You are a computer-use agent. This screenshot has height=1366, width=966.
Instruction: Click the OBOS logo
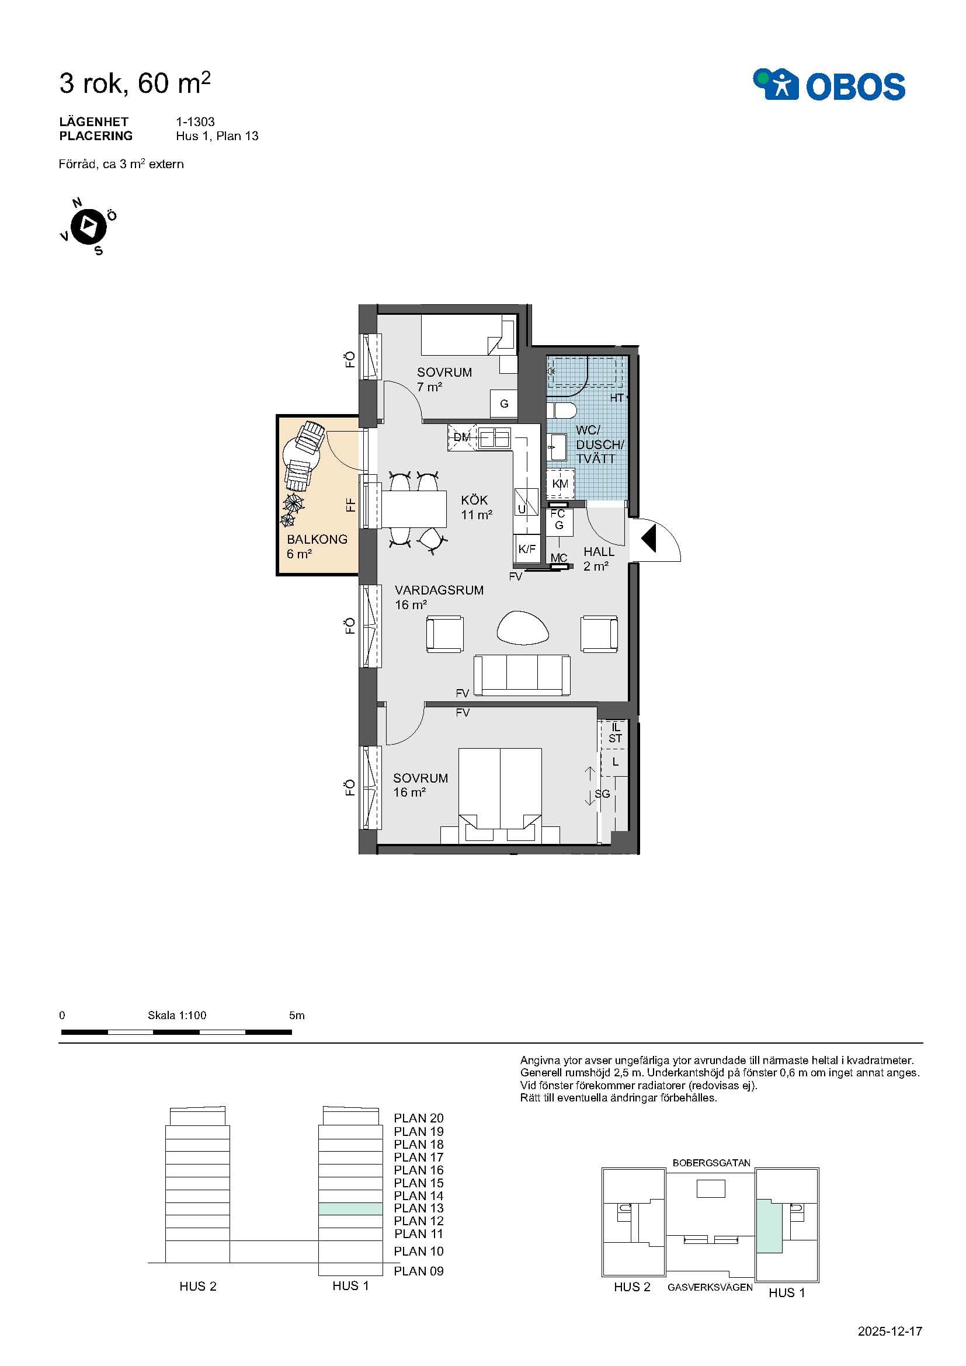click(829, 85)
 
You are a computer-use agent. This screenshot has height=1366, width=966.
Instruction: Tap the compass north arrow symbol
click(89, 226)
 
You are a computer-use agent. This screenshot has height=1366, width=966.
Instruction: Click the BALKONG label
click(317, 539)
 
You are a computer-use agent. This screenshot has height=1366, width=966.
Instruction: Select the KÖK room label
click(474, 500)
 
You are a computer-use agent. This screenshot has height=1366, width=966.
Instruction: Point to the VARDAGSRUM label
click(439, 590)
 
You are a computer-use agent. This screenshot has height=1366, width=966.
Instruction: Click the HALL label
click(599, 551)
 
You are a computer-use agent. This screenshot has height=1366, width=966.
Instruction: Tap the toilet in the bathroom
click(561, 411)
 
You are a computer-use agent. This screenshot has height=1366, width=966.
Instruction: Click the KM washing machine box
click(560, 483)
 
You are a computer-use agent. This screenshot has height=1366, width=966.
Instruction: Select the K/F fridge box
click(527, 548)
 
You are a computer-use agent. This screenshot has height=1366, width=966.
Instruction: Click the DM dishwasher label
click(462, 437)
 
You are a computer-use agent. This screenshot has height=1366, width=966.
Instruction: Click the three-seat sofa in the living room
click(522, 675)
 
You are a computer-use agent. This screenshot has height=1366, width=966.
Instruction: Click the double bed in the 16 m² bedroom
click(500, 795)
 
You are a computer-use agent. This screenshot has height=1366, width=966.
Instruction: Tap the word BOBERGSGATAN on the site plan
click(711, 1163)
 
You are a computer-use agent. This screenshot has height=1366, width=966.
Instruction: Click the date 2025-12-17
click(890, 1332)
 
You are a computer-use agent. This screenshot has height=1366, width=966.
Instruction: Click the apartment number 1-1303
click(195, 121)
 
